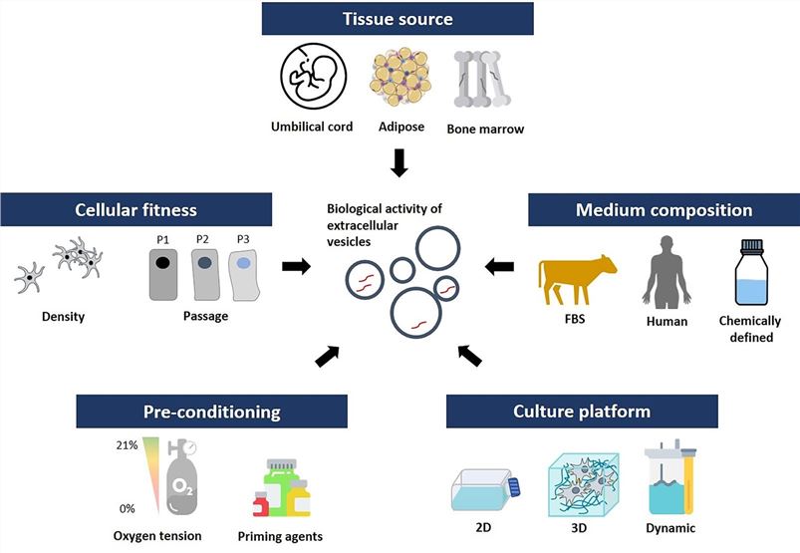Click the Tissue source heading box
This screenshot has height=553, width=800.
(399, 18)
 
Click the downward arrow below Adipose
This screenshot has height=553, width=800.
(399, 160)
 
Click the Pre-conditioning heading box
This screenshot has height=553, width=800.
(211, 412)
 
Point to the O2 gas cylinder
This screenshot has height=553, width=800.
(184, 476)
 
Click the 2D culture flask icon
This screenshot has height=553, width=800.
(486, 490)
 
